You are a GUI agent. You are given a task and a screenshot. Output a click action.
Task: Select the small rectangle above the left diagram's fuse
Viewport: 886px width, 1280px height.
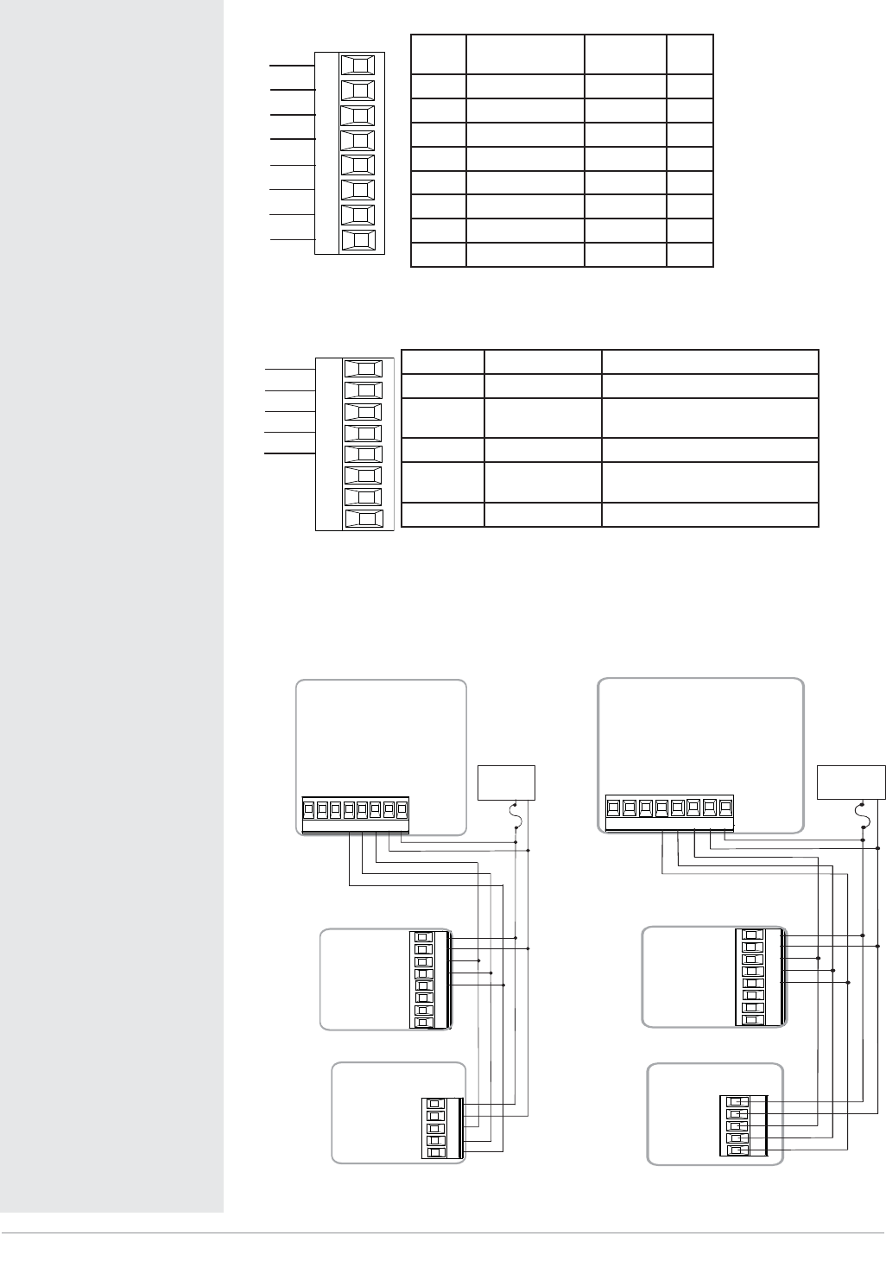click(506, 782)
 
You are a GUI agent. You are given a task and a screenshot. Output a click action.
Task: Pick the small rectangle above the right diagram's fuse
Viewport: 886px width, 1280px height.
click(851, 782)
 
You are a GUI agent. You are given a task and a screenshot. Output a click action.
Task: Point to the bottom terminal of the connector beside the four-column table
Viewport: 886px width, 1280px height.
click(358, 240)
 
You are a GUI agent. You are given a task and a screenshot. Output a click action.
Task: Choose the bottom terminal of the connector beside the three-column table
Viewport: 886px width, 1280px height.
click(363, 519)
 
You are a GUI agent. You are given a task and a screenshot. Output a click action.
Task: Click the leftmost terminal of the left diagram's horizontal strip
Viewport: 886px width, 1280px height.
click(308, 810)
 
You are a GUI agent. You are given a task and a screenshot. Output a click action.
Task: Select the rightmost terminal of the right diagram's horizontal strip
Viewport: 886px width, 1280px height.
click(726, 808)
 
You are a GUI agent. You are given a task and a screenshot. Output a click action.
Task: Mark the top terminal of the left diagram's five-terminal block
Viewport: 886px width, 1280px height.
click(435, 1105)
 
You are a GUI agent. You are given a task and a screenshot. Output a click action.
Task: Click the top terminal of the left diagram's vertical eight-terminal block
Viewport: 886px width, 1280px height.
click(423, 937)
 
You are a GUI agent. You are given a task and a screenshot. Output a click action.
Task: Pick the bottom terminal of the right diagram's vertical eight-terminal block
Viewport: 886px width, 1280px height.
click(753, 1019)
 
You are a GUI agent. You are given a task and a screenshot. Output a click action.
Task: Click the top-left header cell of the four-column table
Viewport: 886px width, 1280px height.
click(439, 54)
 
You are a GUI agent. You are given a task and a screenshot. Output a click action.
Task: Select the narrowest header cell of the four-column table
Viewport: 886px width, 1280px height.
click(690, 54)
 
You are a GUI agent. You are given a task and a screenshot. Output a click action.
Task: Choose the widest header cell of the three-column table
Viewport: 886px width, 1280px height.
click(710, 362)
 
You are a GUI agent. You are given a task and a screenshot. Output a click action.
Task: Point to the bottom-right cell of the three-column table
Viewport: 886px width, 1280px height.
click(710, 515)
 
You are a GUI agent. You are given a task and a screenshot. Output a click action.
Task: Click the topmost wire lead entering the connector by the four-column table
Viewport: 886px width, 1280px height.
click(292, 65)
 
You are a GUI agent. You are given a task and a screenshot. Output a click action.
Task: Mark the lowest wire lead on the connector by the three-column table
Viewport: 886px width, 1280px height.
click(288, 452)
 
